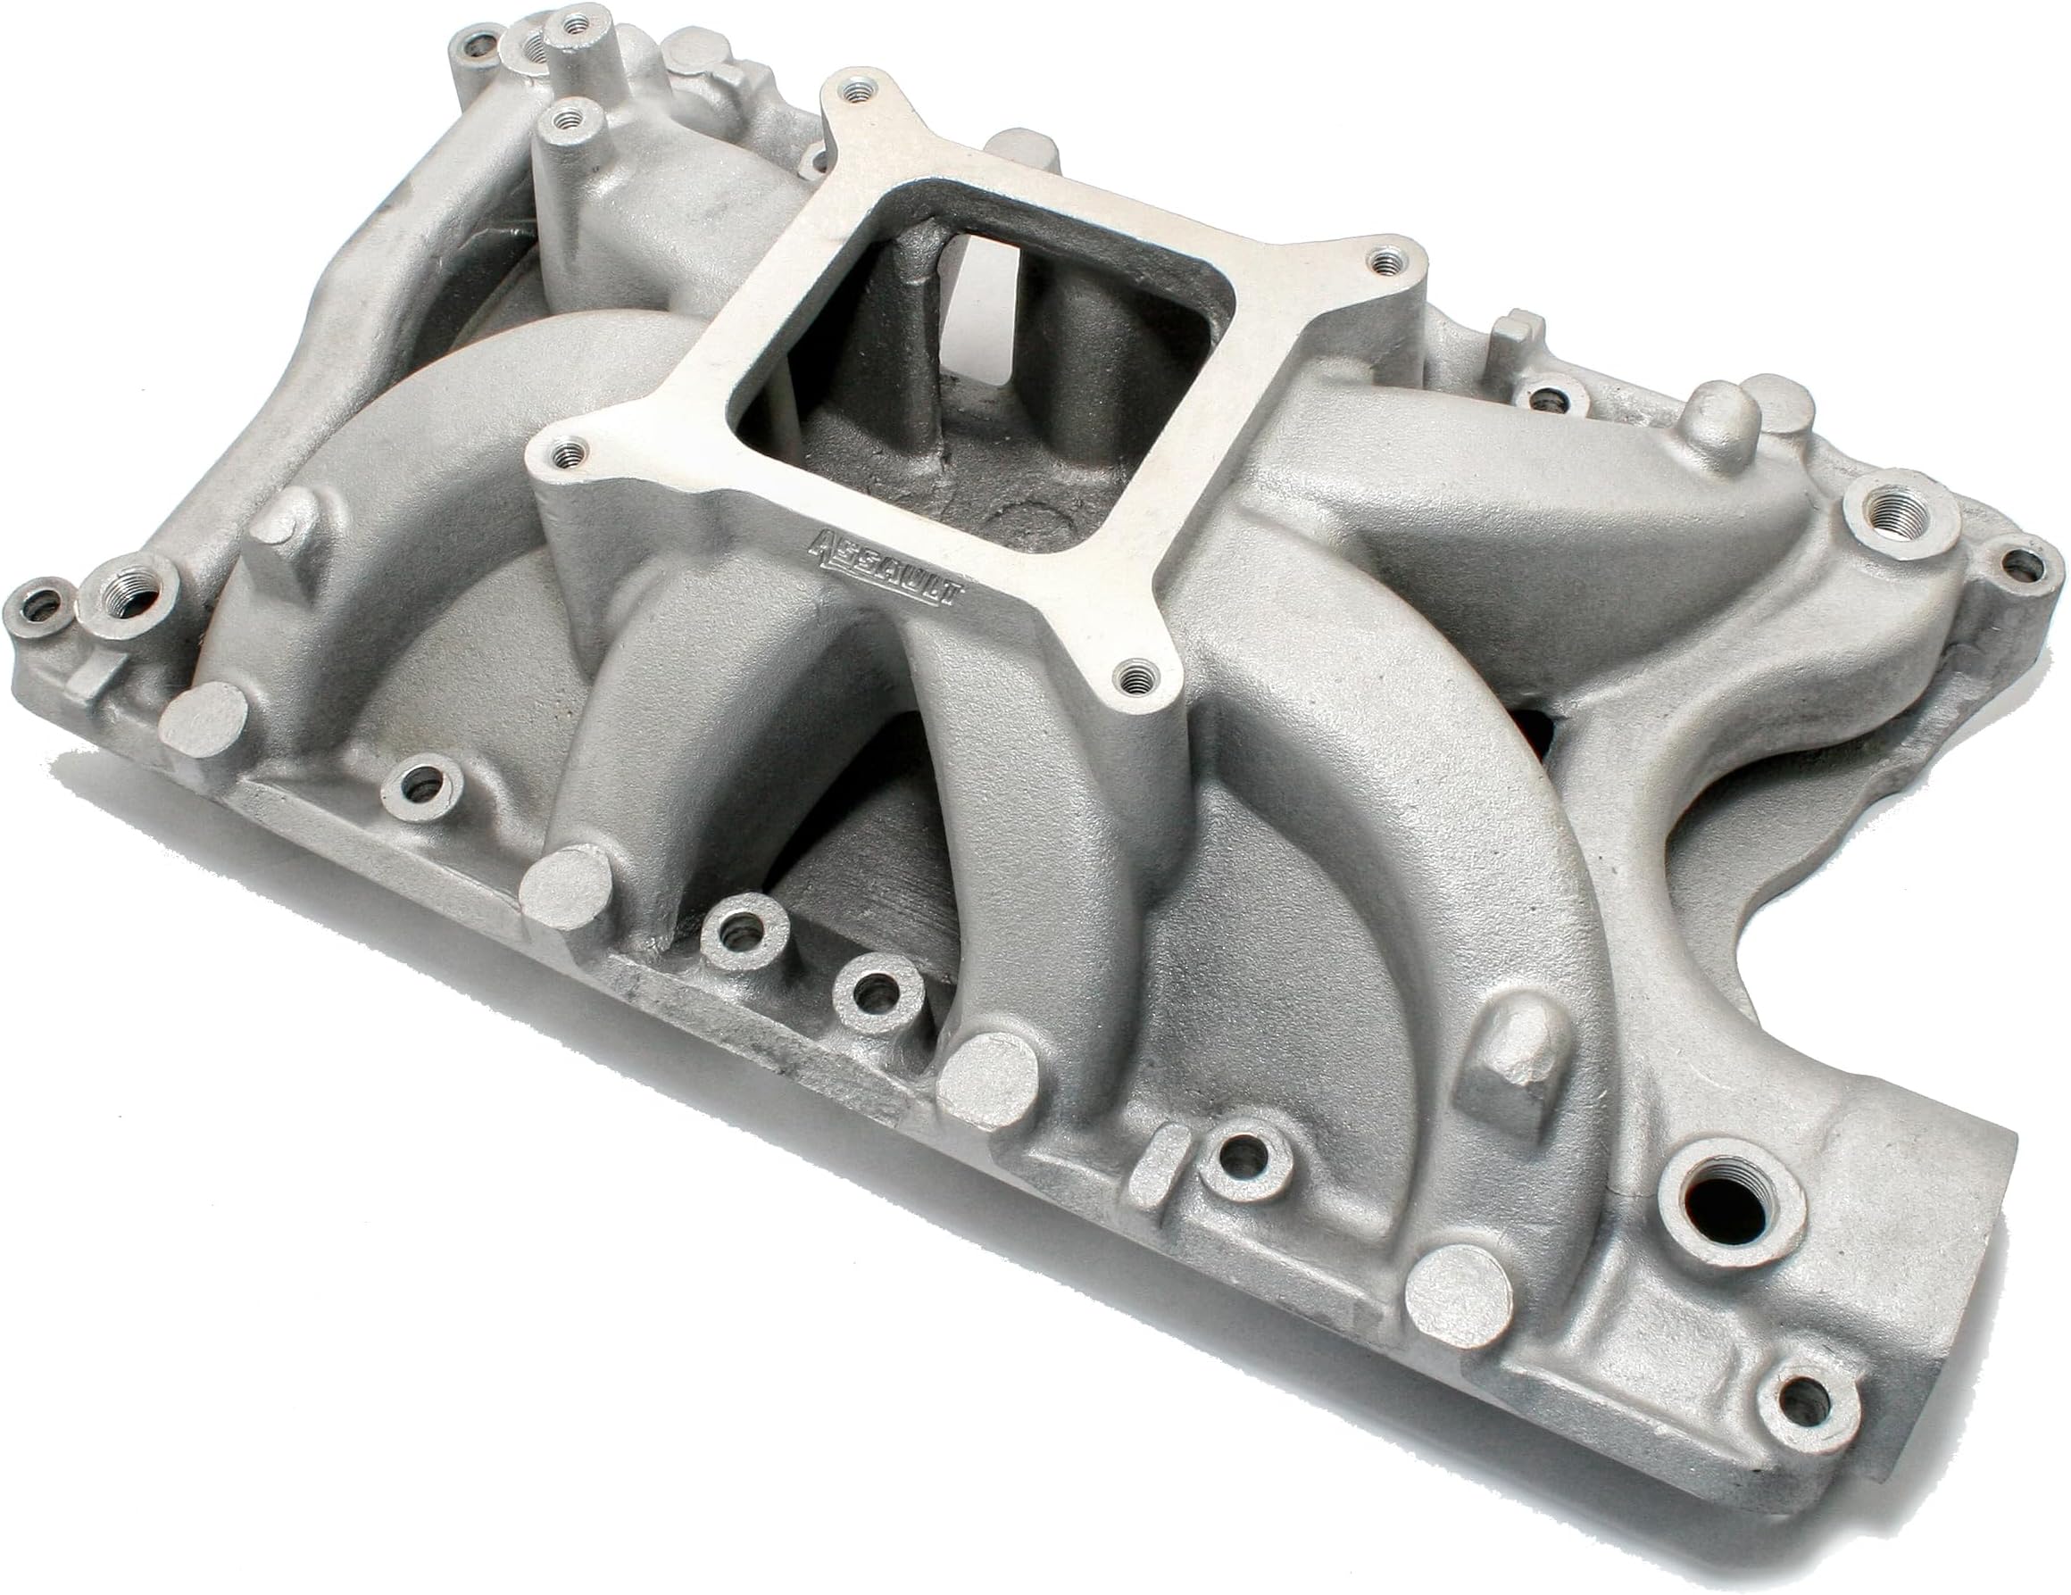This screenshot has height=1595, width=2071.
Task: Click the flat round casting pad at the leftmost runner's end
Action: pos(202,719)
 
